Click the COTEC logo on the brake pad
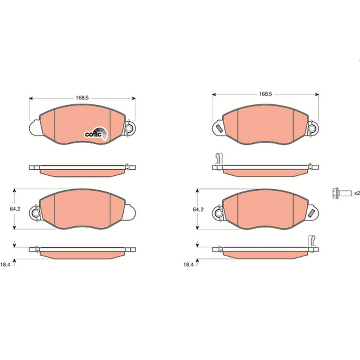tap(96, 134)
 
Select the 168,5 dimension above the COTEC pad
tap(82, 98)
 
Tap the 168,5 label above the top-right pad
tap(265, 94)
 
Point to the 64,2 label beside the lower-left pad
tap(15, 209)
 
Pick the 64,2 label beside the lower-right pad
tap(198, 209)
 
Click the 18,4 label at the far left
tap(5, 265)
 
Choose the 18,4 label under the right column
tap(188, 265)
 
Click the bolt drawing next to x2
tap(342, 193)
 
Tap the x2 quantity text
tap(357, 193)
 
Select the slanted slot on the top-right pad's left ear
tap(219, 128)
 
